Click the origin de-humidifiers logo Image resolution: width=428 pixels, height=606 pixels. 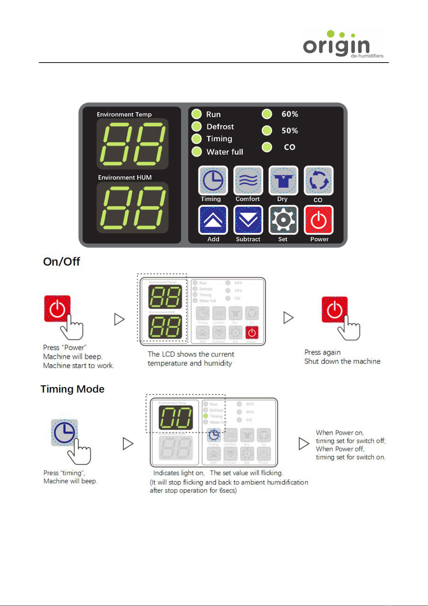pyautogui.click(x=343, y=44)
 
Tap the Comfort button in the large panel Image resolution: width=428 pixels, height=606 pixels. pyautogui.click(x=248, y=180)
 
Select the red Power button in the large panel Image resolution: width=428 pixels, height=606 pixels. pyautogui.click(x=318, y=220)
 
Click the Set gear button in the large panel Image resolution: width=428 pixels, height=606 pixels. pyautogui.click(x=283, y=220)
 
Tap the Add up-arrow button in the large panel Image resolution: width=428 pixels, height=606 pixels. pyautogui.click(x=213, y=220)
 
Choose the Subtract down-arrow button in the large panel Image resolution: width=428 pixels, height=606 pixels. pyautogui.click(x=248, y=220)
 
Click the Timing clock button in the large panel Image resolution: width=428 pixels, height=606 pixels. pyautogui.click(x=213, y=180)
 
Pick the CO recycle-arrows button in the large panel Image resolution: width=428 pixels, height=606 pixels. pyautogui.click(x=318, y=180)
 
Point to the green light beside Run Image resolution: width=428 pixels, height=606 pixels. pyautogui.click(x=196, y=114)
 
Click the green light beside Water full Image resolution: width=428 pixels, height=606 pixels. pyautogui.click(x=196, y=152)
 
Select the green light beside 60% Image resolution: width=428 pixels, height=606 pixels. pyautogui.click(x=267, y=114)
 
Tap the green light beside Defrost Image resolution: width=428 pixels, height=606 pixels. pyautogui.click(x=196, y=127)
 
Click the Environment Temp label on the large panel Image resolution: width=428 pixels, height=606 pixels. pyautogui.click(x=124, y=114)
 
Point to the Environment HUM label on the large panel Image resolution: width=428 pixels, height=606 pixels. pyautogui.click(x=125, y=177)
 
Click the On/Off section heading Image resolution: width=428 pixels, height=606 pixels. pyautogui.click(x=61, y=261)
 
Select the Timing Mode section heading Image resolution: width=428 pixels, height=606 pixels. pyautogui.click(x=72, y=389)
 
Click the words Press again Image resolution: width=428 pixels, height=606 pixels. pyautogui.click(x=322, y=352)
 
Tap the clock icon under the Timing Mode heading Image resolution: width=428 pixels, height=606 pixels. pyautogui.click(x=64, y=433)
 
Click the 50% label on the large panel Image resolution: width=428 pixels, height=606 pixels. pyautogui.click(x=290, y=131)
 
